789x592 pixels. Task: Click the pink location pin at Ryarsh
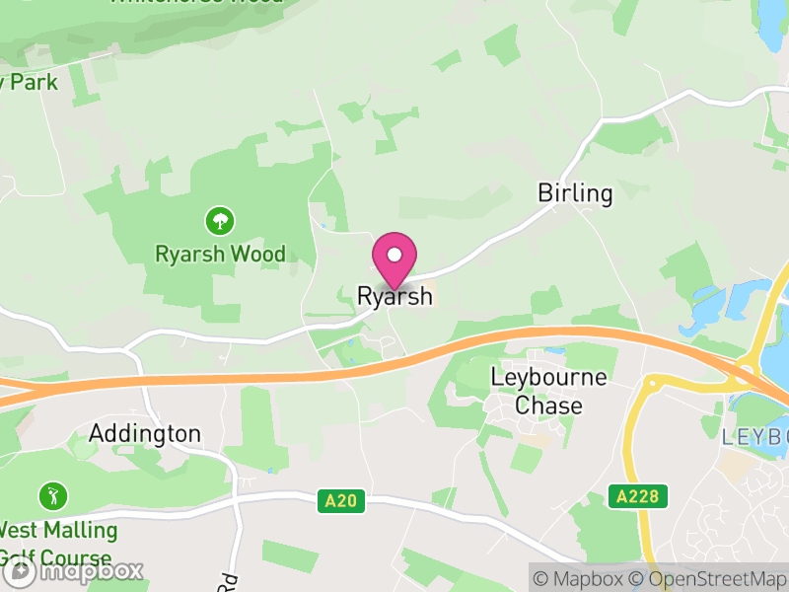coord(394,258)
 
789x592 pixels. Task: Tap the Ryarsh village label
coord(394,295)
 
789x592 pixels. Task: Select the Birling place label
coord(575,192)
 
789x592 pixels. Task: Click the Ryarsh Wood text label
coord(220,254)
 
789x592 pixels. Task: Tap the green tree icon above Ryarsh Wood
coord(219,219)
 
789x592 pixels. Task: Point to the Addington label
coord(145,433)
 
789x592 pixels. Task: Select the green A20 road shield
coord(341,501)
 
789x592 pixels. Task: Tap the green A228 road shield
coord(637,495)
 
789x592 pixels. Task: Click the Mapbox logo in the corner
coord(73,570)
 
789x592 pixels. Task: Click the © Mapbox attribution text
coord(581,579)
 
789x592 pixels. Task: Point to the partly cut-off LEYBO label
coord(754,436)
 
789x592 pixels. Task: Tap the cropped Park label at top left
coord(29,82)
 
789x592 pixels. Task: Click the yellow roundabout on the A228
coord(652,384)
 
